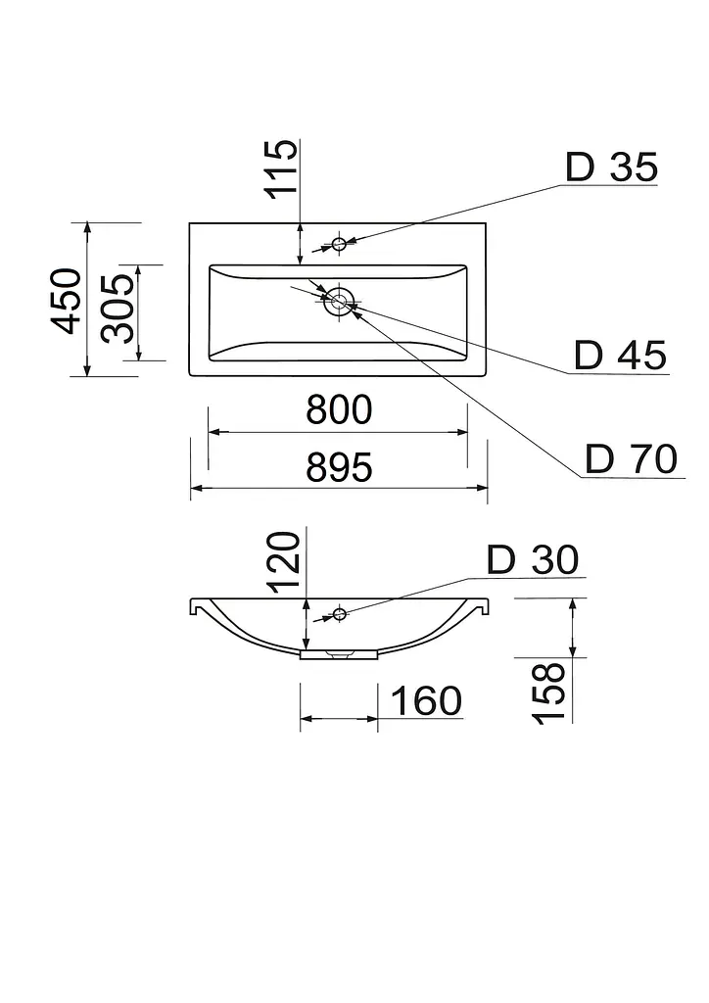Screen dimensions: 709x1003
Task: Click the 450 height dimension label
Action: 68,301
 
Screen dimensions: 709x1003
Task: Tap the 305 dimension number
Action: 118,309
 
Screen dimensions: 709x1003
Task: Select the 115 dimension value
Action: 281,168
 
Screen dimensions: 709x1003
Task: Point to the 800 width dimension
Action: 339,409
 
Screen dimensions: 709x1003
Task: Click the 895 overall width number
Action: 339,467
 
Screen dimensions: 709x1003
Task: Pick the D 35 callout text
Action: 612,167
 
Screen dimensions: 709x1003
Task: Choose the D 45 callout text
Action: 620,355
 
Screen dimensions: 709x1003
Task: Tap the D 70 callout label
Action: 631,458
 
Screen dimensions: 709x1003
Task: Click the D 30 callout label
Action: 533,559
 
